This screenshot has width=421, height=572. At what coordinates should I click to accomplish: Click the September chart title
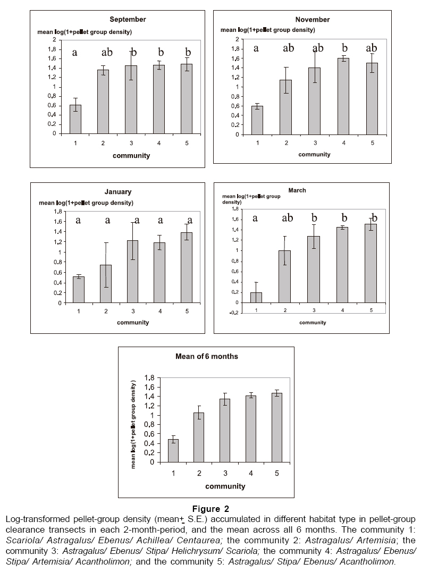[128, 19]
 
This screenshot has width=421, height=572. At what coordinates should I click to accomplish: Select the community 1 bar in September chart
[75, 119]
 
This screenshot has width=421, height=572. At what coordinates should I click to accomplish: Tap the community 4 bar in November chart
[344, 96]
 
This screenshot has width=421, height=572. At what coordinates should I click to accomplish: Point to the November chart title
[313, 19]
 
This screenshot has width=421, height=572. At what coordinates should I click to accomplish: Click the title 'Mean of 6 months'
[205, 356]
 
